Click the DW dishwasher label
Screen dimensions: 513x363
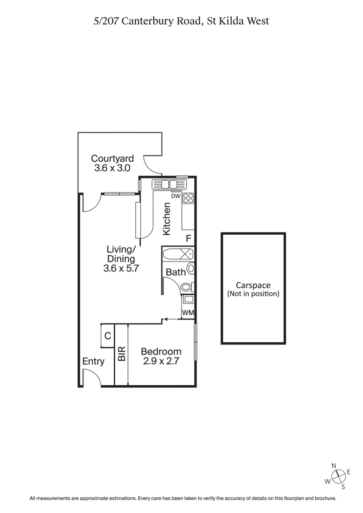pos(176,195)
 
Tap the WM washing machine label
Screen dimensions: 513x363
pos(188,312)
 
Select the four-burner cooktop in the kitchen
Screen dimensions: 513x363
pos(188,198)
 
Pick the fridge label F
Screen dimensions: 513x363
pos(188,238)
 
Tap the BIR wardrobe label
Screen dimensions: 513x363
pos(122,354)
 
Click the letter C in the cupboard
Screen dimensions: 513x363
pos(108,336)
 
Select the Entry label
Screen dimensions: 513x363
pos(93,361)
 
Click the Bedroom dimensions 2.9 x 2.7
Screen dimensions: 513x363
pos(161,362)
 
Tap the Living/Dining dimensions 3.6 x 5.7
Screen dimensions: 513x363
pos(120,268)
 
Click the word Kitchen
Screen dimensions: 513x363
pos(167,219)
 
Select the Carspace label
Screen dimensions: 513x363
pos(253,285)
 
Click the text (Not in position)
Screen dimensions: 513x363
pos(253,294)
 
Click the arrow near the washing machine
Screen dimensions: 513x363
pos(170,319)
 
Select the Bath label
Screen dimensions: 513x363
pos(176,272)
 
